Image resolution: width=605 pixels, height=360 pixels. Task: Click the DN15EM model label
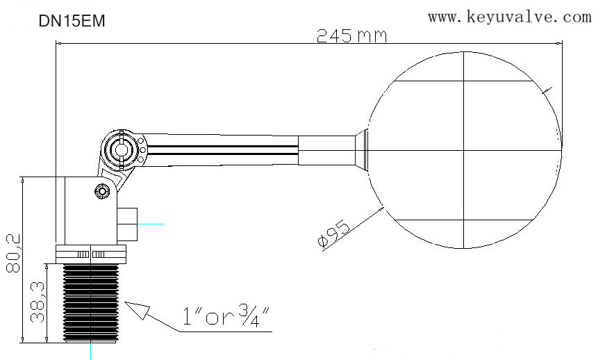pos(72,22)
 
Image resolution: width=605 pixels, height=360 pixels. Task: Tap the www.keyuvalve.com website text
pos(509,17)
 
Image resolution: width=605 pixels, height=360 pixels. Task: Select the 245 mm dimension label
pos(351,36)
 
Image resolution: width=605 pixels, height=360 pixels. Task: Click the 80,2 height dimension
pos(14,254)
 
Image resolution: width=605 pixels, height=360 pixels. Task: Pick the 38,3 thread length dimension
pos(38,302)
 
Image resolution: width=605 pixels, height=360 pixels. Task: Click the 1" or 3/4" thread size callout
pos(226,316)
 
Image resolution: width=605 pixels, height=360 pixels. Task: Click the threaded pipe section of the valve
pos(91,303)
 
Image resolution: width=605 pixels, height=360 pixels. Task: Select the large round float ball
pos(465,150)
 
